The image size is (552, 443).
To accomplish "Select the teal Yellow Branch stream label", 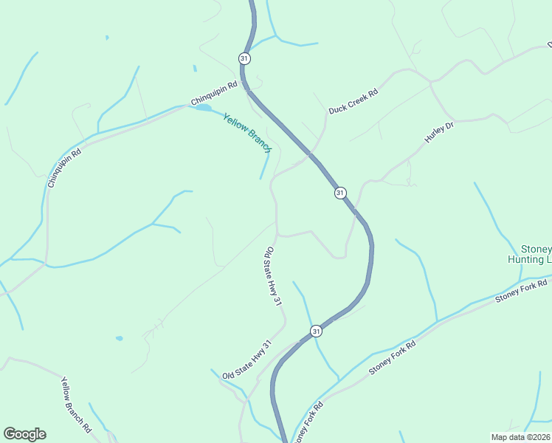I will pyautogui.click(x=248, y=131).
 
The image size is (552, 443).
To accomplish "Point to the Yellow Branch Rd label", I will pyautogui.click(x=76, y=404).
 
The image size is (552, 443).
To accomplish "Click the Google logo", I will pyautogui.click(x=24, y=434).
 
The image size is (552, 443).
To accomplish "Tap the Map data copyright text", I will pyautogui.click(x=520, y=437).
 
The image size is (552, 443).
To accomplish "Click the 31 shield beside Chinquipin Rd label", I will pyautogui.click(x=244, y=58).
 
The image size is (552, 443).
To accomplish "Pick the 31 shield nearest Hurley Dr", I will pyautogui.click(x=339, y=193).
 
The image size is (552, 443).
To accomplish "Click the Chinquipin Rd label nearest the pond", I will pyautogui.click(x=214, y=93).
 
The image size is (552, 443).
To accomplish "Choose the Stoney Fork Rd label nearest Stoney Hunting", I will pyautogui.click(x=522, y=289).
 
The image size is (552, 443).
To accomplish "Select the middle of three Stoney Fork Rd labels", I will pyautogui.click(x=393, y=357).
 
